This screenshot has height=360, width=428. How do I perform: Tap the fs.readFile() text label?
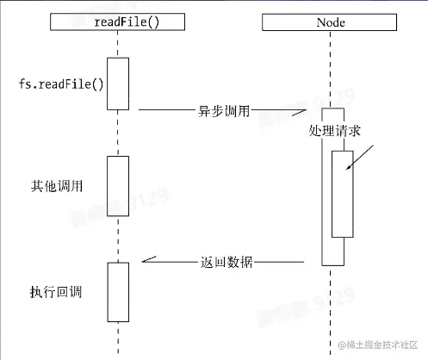61,84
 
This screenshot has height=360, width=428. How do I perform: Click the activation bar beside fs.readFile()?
118,84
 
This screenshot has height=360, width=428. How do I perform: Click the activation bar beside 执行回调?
118,290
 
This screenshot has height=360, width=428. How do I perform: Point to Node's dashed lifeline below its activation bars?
332,310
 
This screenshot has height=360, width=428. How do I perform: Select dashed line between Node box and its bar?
332,69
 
